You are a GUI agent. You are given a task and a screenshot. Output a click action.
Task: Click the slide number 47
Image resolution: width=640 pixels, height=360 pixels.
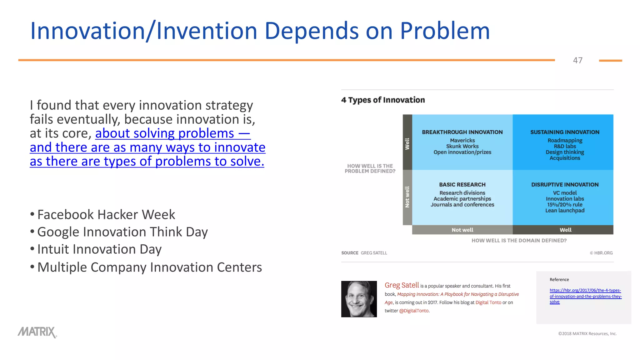577,60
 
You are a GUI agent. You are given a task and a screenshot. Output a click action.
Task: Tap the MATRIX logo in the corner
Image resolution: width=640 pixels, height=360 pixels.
37,332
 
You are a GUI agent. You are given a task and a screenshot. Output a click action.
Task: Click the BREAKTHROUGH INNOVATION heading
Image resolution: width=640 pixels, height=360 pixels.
462,132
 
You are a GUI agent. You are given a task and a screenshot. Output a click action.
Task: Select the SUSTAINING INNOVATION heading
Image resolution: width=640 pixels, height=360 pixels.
565,132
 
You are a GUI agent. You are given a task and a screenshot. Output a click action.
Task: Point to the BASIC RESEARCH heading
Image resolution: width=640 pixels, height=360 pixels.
462,185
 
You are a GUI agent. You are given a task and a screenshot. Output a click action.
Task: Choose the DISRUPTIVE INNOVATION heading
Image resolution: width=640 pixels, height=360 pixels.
565,185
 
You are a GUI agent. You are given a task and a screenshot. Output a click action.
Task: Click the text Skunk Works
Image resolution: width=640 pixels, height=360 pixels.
462,146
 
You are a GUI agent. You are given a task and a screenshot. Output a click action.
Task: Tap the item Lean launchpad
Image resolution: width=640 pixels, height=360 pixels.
565,211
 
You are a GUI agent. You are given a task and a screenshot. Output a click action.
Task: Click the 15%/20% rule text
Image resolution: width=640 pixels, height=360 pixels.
565,205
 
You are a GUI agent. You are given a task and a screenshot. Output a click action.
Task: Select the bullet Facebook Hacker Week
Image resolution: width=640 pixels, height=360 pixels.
106,215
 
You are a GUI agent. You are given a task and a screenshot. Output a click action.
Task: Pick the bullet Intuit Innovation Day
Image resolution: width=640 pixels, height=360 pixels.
99,249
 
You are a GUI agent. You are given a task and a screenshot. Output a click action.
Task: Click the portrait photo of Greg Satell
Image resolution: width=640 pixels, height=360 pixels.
359,299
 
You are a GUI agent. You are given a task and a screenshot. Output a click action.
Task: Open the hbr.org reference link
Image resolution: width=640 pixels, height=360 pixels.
585,296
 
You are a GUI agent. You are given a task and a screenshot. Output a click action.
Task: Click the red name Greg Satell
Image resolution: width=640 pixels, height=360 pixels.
402,285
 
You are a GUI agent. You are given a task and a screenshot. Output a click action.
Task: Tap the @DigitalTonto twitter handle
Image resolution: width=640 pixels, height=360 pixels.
414,311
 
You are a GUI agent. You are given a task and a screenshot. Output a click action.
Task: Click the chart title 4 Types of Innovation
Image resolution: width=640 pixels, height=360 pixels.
383,100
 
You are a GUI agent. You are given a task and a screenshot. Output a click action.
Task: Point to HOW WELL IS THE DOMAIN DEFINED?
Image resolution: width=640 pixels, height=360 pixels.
519,241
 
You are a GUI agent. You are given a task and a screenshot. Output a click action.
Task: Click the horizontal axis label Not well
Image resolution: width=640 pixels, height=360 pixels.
462,230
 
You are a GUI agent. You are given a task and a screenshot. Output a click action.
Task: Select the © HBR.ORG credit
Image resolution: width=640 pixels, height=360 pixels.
601,253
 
